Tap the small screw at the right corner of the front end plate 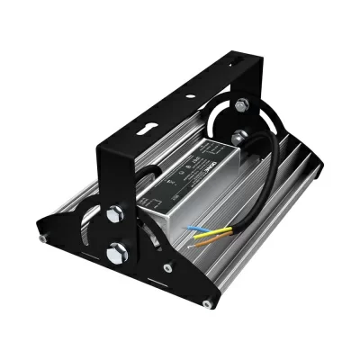(x=209, y=299)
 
